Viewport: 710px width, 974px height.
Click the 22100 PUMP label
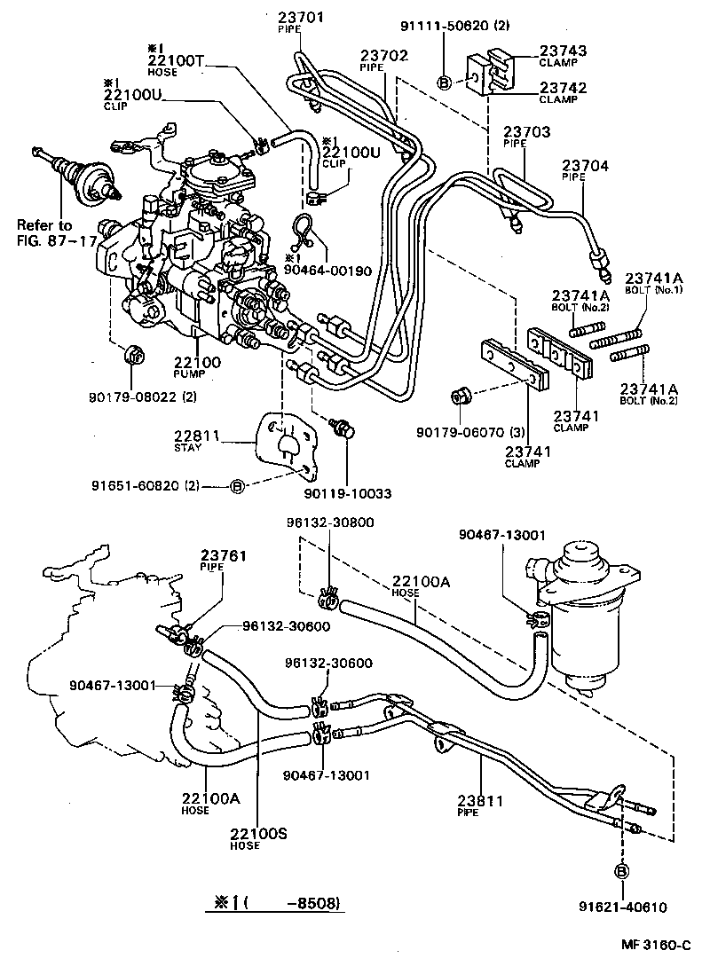pyautogui.click(x=197, y=364)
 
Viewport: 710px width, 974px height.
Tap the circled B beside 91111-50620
pyautogui.click(x=445, y=82)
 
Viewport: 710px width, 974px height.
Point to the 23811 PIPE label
pyautogui.click(x=482, y=803)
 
